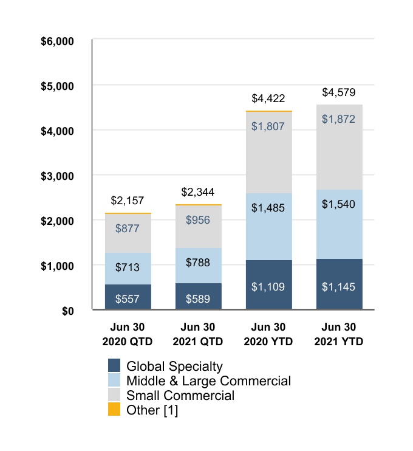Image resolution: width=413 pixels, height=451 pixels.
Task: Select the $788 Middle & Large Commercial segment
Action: click(199, 265)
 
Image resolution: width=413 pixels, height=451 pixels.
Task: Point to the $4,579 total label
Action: click(339, 92)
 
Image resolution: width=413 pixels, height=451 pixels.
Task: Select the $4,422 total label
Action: click(268, 98)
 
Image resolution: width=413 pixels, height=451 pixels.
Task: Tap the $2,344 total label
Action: click(198, 192)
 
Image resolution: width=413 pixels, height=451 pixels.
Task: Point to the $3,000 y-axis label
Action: click(57, 176)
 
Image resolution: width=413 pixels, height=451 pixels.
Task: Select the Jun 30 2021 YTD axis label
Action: click(339, 335)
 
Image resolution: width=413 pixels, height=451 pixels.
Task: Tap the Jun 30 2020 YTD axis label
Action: click(268, 335)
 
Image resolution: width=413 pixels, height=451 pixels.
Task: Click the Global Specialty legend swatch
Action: click(115, 366)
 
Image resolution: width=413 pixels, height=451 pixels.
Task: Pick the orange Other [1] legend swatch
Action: click(115, 410)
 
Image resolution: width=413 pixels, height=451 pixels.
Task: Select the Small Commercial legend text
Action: click(180, 396)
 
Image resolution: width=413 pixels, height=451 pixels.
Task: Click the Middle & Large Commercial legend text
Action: click(208, 381)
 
